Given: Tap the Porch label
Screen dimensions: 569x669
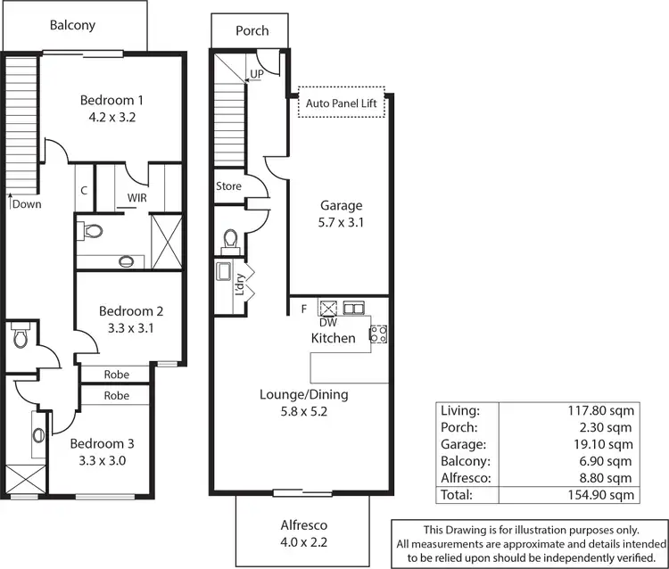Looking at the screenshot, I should (x=252, y=30).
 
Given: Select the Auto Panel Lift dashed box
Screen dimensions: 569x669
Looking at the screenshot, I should (x=342, y=103).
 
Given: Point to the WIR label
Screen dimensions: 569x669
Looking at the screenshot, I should (x=136, y=197).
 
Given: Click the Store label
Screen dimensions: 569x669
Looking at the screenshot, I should (x=229, y=186).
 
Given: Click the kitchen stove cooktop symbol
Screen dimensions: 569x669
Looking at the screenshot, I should (x=377, y=334).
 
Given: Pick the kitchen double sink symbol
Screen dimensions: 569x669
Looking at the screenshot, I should (x=354, y=308).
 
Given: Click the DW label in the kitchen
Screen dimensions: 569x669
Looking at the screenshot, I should (x=327, y=323).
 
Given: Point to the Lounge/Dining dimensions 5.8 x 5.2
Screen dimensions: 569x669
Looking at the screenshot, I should (x=304, y=412).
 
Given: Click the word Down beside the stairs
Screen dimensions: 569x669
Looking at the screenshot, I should (x=27, y=204).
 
